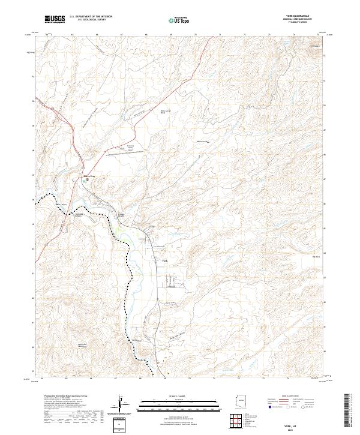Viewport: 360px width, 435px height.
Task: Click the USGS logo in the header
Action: pyautogui.click(x=55, y=20)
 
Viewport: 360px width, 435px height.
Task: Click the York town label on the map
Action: pyautogui.click(x=166, y=260)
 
